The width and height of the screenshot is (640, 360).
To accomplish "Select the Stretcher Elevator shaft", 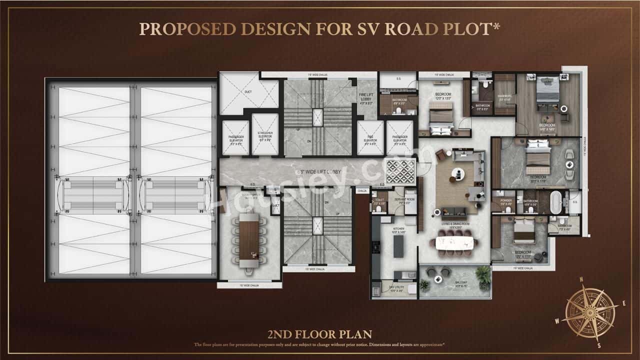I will click(264, 135).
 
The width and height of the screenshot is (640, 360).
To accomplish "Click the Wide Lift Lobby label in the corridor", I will click(318, 171).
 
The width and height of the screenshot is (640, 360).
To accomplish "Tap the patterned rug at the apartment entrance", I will click(399, 171).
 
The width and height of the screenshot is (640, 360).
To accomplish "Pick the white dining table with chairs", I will click(454, 242).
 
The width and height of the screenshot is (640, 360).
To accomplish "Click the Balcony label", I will click(461, 283).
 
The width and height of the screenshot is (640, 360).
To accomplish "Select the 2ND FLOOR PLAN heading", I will click(320, 333).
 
